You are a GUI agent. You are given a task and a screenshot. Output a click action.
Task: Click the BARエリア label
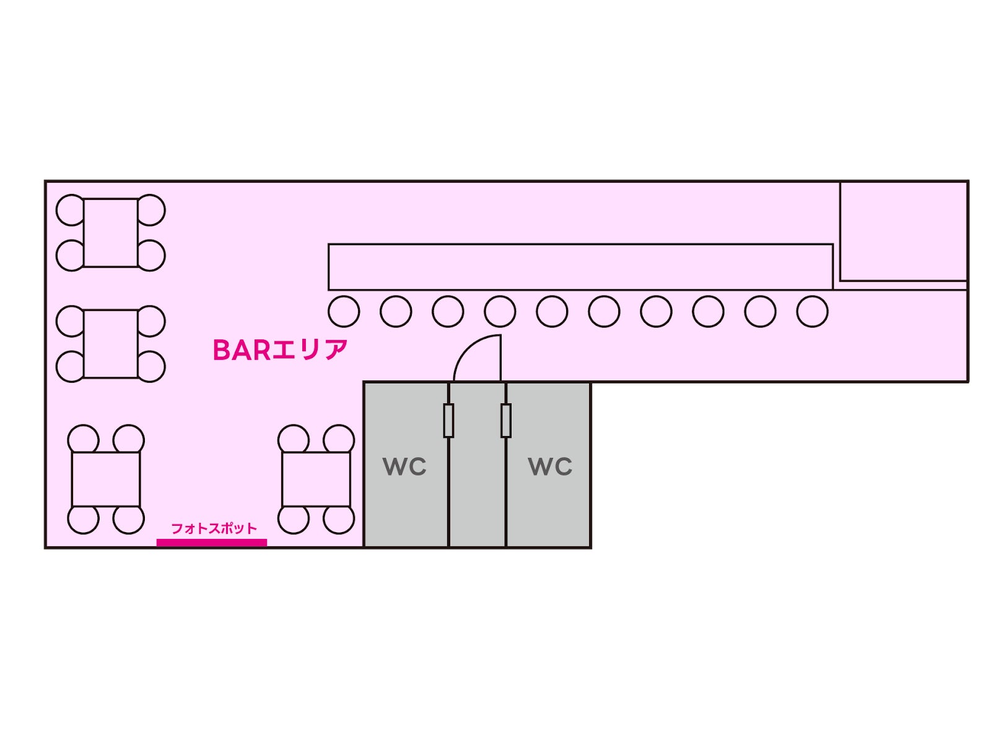(x=279, y=351)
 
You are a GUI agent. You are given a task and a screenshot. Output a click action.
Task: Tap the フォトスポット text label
(x=213, y=528)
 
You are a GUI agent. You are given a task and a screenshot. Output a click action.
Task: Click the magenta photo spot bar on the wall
(x=211, y=543)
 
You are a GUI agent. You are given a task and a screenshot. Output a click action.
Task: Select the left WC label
(x=404, y=466)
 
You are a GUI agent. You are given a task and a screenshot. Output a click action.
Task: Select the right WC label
(x=550, y=466)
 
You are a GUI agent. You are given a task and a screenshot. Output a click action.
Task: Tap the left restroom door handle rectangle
(x=448, y=421)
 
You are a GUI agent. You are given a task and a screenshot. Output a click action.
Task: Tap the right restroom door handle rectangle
(x=506, y=421)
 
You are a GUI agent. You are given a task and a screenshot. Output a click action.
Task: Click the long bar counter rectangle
(x=580, y=267)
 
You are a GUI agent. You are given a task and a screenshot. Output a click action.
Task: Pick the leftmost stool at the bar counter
(x=344, y=311)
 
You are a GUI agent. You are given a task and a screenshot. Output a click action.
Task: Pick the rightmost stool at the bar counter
(x=812, y=311)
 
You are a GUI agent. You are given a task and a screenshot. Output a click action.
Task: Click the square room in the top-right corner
(x=903, y=232)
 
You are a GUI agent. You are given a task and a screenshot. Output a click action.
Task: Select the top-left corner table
(x=110, y=233)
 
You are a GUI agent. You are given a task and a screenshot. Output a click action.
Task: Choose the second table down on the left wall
(x=110, y=344)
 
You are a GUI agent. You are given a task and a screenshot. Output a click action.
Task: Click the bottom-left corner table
(x=106, y=479)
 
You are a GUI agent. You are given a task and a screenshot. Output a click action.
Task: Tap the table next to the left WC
(x=316, y=479)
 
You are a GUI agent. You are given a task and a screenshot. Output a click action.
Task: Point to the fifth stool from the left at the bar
(x=552, y=311)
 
